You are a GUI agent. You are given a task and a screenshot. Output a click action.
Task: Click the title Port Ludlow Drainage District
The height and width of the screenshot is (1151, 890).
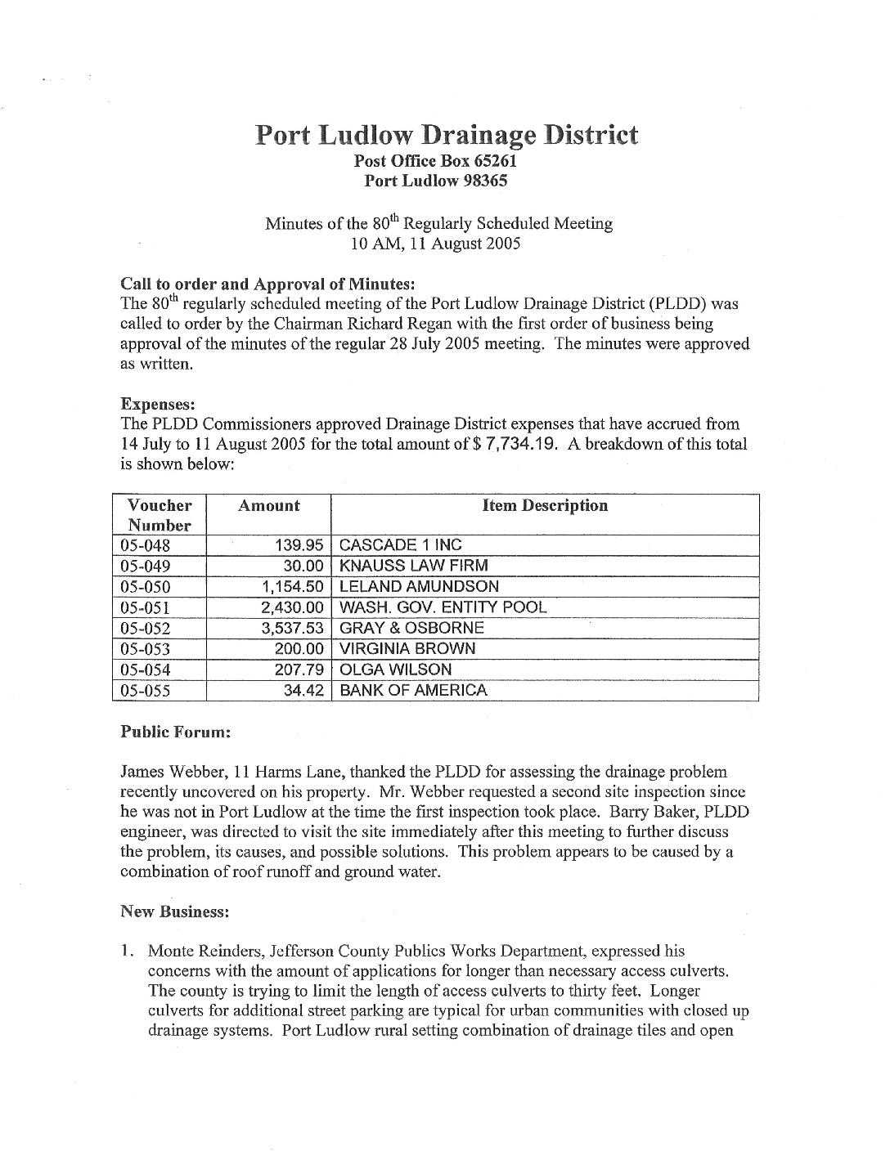point(446,134)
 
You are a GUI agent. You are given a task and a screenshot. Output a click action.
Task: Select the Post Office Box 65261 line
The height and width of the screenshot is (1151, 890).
point(434,161)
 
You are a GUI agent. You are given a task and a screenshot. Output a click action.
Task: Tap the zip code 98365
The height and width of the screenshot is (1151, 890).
point(480,181)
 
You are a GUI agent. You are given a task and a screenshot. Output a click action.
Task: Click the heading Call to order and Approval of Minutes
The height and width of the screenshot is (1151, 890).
point(268,284)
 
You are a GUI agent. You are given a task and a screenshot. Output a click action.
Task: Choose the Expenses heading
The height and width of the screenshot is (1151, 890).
point(154,404)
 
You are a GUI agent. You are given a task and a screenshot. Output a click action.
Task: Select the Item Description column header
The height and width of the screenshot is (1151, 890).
point(545,506)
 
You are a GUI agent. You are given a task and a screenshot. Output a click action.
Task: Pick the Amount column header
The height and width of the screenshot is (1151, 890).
point(268,506)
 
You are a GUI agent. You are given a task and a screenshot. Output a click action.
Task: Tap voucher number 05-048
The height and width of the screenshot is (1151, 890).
point(146,545)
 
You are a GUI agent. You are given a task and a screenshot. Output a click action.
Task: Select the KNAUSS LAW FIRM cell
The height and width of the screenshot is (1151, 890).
point(413,566)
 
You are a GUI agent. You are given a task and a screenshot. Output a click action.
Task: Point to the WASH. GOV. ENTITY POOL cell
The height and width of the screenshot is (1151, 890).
point(443,607)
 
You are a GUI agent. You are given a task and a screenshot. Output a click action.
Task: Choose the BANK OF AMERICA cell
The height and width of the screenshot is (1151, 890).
point(413,690)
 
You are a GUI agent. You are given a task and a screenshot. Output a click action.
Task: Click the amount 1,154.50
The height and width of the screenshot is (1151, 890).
point(293,586)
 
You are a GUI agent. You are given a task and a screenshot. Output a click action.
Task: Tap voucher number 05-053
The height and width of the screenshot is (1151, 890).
point(146,649)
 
